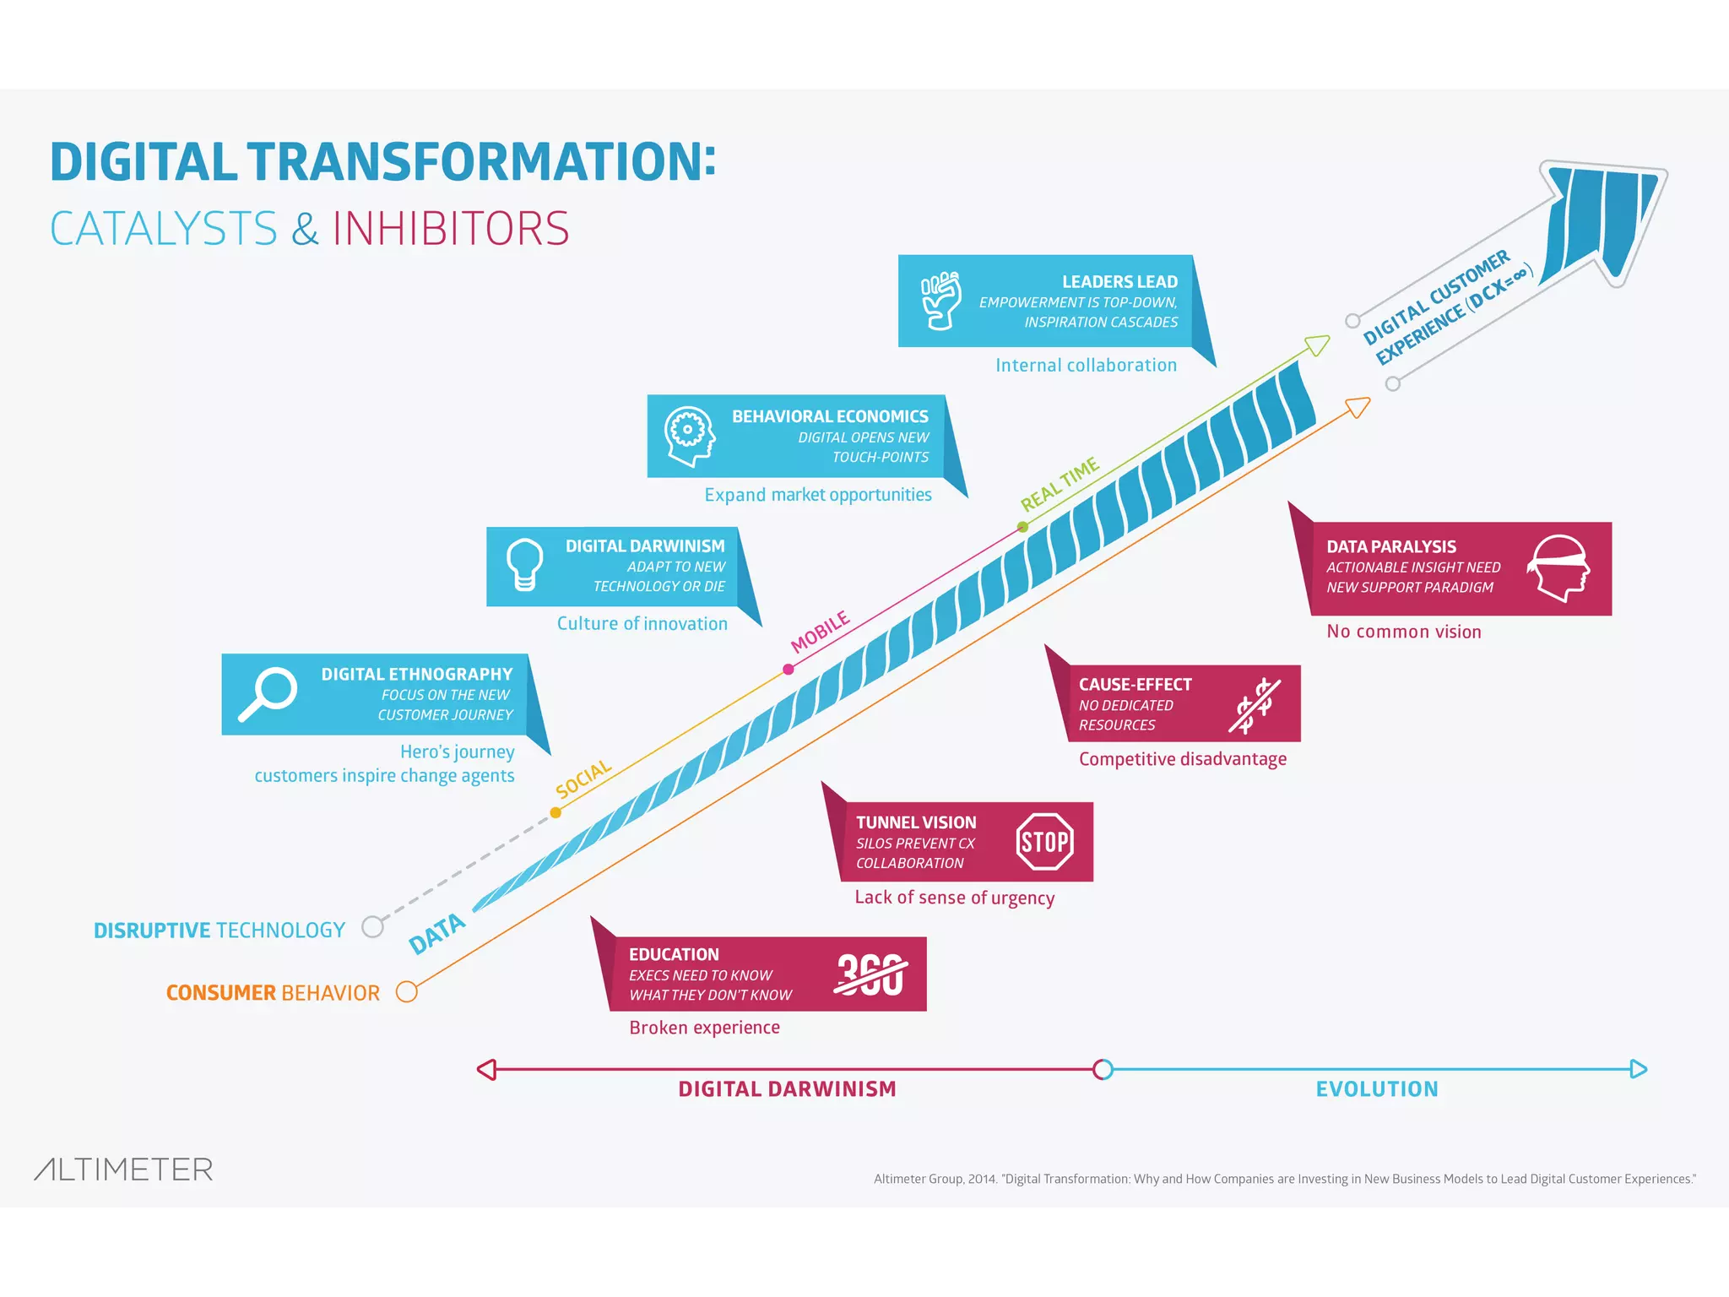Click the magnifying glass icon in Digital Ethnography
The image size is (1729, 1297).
pos(268,693)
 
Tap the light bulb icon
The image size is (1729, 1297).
pos(523,565)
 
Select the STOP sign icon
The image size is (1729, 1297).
pos(1045,842)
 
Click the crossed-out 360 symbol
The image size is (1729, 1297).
pos(870,974)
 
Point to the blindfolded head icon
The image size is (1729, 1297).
pos(1559,568)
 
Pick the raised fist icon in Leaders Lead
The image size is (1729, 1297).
pos(940,300)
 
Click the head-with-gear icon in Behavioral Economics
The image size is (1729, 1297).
pos(689,436)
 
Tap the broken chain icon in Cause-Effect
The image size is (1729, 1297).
pos(1255,705)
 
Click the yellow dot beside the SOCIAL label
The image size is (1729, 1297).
pos(556,812)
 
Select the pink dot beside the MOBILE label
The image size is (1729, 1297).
pos(788,669)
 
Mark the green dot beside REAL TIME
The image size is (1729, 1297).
pos(1022,527)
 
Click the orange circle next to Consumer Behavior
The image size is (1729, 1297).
pos(407,991)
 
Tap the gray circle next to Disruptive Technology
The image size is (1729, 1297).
pos(372,927)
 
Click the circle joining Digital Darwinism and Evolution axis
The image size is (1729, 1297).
pos(1103,1070)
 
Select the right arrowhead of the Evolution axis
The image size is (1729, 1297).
pos(1639,1070)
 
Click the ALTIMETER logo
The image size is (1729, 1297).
pos(123,1169)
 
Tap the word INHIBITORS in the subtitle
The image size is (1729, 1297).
pos(451,229)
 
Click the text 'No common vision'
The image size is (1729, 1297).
pos(1403,632)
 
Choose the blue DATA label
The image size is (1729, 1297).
pos(436,933)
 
